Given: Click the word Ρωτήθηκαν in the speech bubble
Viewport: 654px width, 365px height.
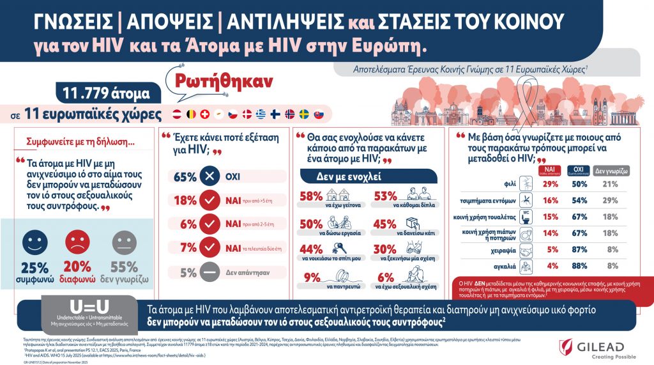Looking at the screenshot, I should (x=220, y=82).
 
